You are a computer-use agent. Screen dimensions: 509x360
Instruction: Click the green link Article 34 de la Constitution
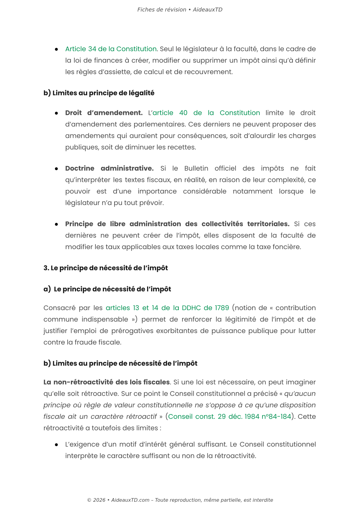(x=111, y=49)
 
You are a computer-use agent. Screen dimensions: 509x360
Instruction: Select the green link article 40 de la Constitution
(x=206, y=113)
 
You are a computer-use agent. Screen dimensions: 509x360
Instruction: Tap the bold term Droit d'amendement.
(x=104, y=113)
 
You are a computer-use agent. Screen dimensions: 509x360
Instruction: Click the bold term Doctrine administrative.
(x=109, y=168)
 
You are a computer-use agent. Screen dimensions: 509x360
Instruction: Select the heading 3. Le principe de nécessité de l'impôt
(x=105, y=268)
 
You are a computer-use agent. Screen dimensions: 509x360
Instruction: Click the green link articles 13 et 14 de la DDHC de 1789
(x=167, y=308)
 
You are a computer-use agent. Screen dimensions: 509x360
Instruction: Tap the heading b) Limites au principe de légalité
(x=99, y=93)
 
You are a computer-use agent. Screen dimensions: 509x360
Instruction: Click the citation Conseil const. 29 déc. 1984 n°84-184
(x=230, y=417)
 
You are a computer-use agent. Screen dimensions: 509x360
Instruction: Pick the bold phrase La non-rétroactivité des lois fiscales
(x=106, y=382)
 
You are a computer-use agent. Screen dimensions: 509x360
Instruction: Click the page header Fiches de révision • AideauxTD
(x=180, y=10)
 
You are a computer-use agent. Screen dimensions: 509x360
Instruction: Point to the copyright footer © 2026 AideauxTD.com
(x=180, y=500)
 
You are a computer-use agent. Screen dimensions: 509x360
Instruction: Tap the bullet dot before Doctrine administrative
(x=56, y=169)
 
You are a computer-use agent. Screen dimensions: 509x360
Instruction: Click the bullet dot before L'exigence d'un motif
(x=56, y=445)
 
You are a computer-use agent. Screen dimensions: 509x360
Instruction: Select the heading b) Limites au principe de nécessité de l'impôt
(x=120, y=364)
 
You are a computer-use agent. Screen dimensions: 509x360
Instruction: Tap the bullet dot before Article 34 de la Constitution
(x=56, y=49)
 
